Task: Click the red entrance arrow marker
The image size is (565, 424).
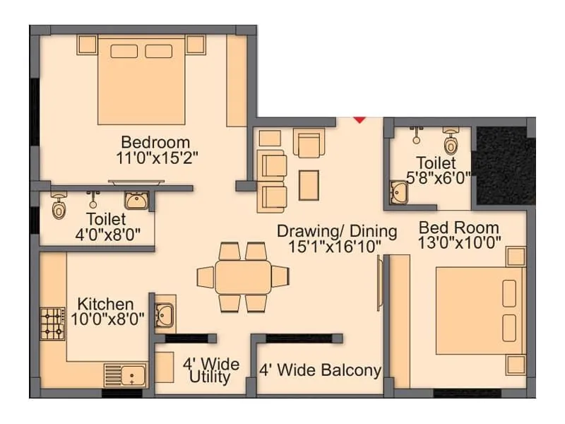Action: click(x=359, y=119)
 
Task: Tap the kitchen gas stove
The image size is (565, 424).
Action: click(x=52, y=324)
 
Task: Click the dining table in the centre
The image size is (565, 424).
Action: click(x=243, y=276)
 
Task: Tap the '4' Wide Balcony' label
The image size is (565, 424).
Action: click(x=320, y=370)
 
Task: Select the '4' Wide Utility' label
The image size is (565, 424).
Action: click(x=210, y=371)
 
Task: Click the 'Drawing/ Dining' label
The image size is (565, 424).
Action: click(x=336, y=231)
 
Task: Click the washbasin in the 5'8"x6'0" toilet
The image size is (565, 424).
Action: click(x=401, y=192)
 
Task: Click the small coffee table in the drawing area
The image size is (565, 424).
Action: click(x=309, y=184)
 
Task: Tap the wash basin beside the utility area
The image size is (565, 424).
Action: click(x=164, y=313)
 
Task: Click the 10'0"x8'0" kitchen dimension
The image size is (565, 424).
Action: click(x=107, y=319)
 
